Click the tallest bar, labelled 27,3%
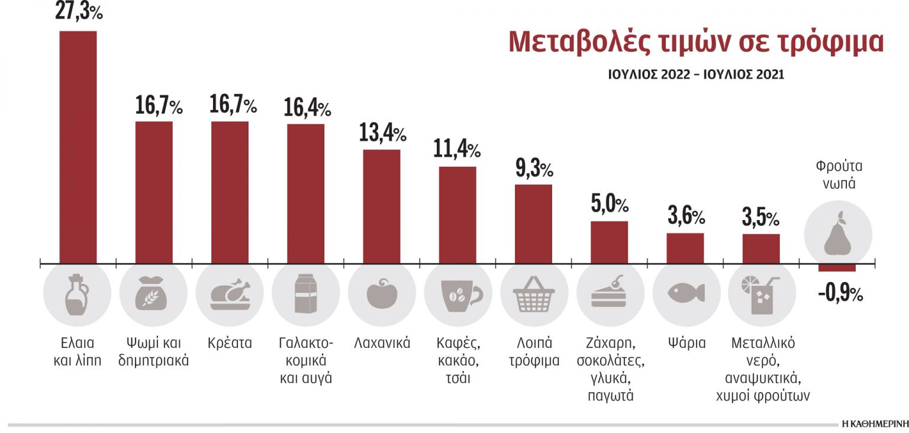(78, 147)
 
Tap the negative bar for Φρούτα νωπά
(837, 267)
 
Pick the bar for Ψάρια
(685, 248)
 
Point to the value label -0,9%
(840, 293)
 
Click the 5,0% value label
(609, 205)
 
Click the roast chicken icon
(230, 294)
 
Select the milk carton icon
(305, 294)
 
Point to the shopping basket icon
(534, 294)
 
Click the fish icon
(686, 292)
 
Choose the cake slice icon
(610, 292)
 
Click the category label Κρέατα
(230, 343)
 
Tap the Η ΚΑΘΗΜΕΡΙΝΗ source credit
(874, 424)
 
